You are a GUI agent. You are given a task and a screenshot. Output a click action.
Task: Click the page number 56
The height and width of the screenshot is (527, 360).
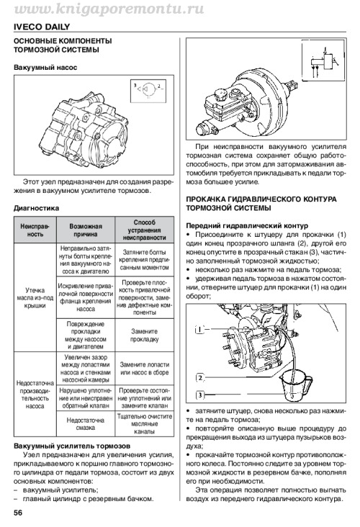pos(18,513)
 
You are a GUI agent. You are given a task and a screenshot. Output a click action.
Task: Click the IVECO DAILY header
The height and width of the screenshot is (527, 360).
pos(42,27)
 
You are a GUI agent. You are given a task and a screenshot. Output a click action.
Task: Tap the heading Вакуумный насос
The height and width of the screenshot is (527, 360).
pos(45,67)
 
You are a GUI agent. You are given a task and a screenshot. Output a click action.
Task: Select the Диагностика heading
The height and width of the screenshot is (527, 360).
pos(36,208)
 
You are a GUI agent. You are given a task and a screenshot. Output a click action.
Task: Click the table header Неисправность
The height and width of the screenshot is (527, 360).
pos(35,230)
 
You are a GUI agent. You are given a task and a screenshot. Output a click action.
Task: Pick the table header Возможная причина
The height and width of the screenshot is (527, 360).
pos(86,230)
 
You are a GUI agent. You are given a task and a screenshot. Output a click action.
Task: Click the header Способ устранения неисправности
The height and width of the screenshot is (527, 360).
pos(145,230)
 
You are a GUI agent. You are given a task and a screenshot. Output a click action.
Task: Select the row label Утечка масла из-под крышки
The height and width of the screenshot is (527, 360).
pos(35,298)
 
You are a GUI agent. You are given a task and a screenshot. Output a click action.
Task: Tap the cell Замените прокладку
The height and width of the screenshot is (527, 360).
pos(145,335)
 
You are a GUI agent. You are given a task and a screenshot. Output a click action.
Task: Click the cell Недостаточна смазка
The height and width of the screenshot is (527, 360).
pos(86,424)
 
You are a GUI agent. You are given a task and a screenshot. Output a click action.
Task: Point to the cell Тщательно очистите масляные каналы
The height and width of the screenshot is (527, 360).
pos(145,424)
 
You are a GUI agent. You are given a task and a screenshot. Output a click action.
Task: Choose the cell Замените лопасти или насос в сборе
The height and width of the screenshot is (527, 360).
pos(145,369)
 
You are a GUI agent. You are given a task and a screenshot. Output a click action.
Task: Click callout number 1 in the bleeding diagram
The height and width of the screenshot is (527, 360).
pos(199,330)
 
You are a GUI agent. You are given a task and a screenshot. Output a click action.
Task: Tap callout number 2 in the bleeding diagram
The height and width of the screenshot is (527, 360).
pos(199,378)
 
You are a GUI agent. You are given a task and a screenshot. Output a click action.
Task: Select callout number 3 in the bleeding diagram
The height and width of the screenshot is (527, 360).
pos(199,395)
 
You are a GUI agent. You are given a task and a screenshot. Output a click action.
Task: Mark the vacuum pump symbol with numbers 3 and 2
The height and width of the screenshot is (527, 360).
pos(148,90)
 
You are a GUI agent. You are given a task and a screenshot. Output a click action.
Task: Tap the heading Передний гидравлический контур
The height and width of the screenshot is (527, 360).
pos(247,225)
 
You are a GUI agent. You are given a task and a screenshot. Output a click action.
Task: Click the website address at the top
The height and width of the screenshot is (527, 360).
pos(109,9)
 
